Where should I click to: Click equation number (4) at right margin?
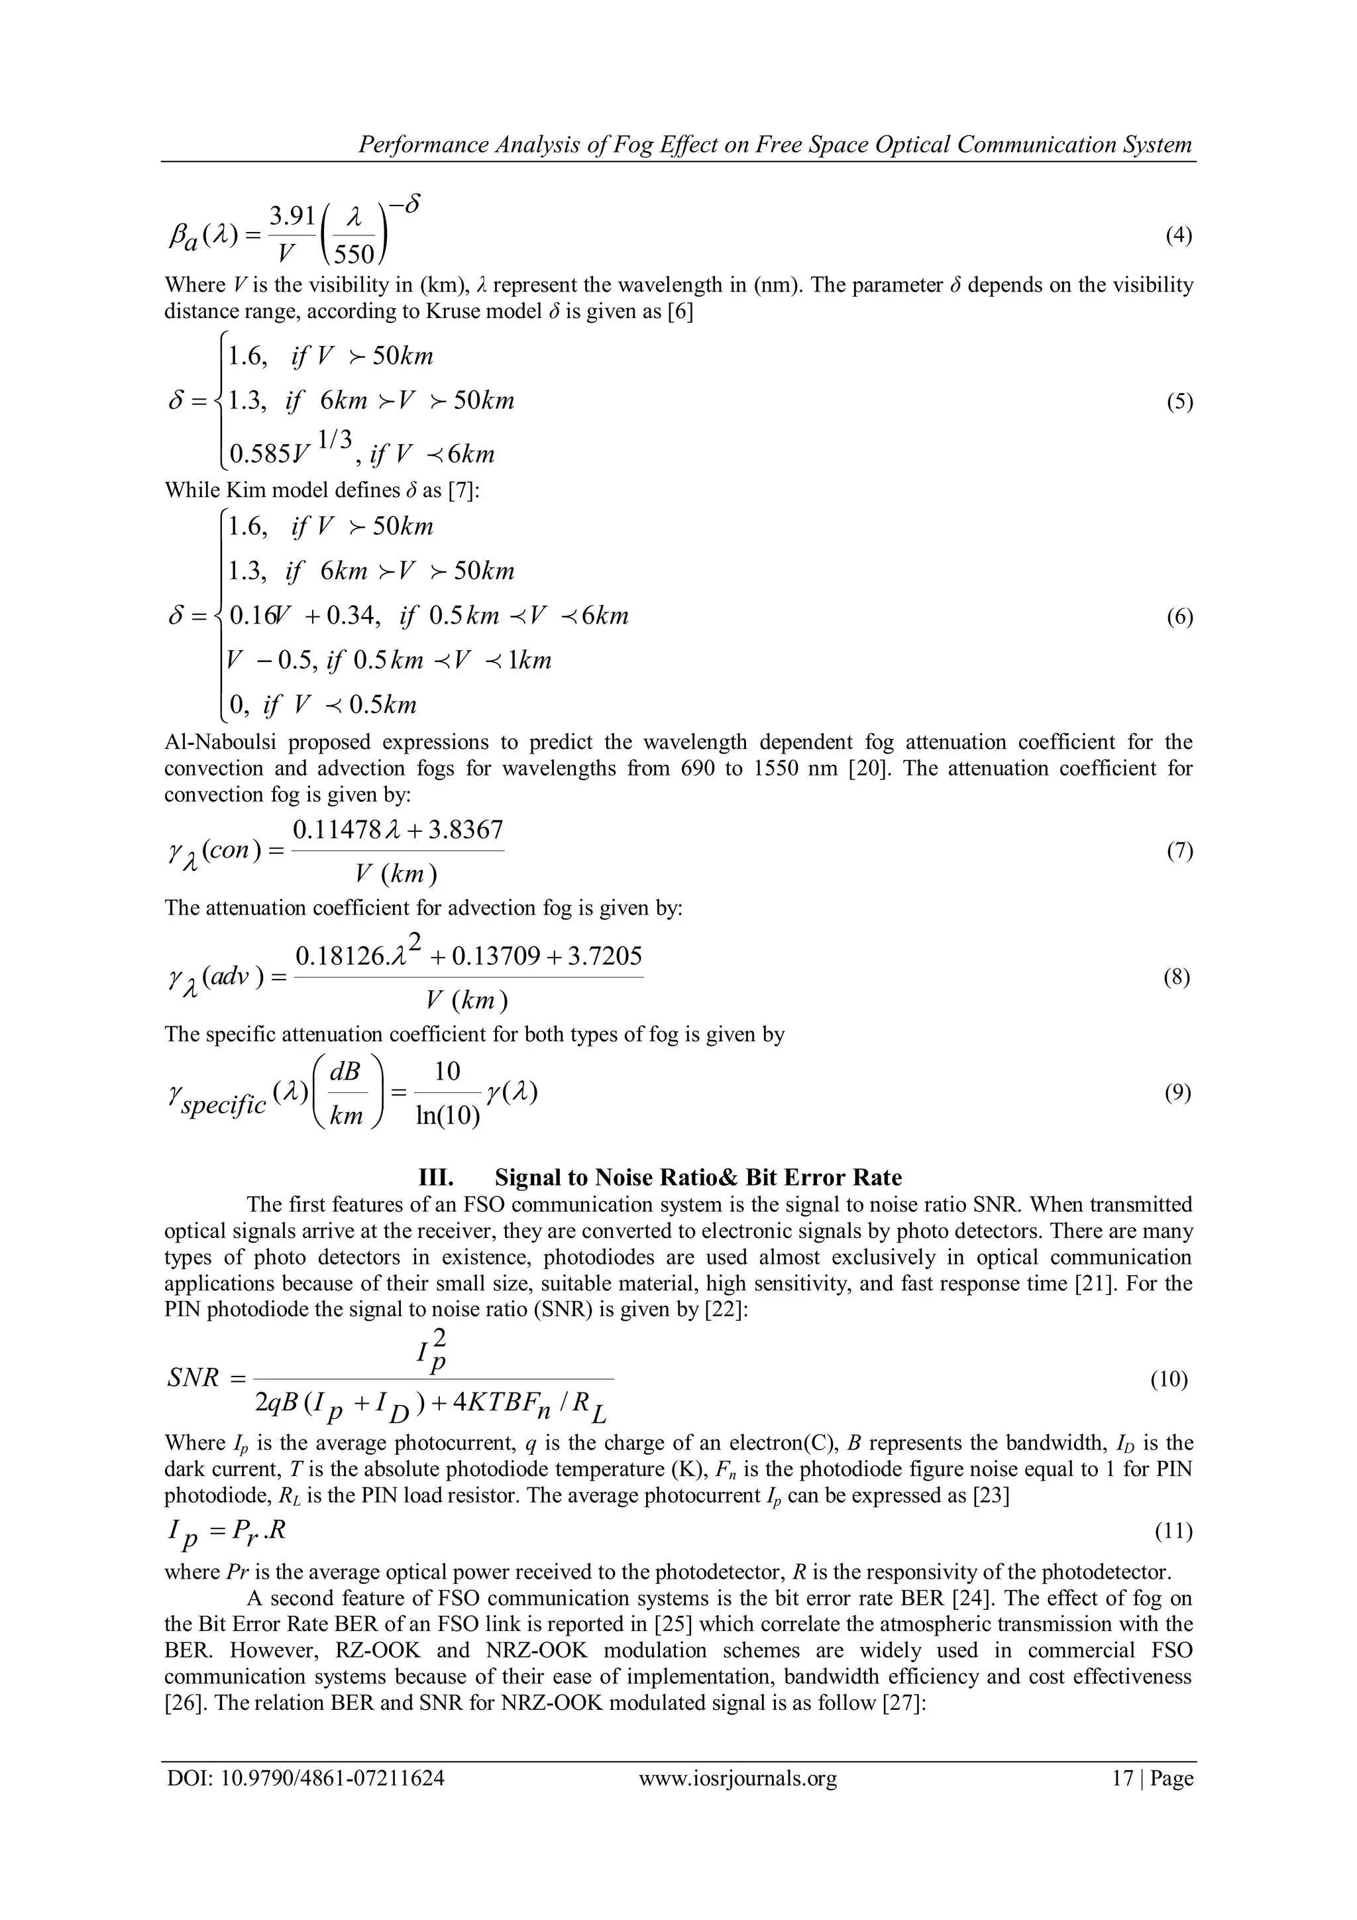click(x=1178, y=235)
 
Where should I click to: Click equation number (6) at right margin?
click(x=1178, y=617)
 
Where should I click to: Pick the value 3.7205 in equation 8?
click(x=604, y=955)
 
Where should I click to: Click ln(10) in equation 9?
click(x=447, y=1115)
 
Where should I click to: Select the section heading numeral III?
click(x=435, y=1178)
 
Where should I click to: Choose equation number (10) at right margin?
click(x=1169, y=1379)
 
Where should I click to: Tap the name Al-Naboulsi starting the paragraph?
click(x=220, y=742)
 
